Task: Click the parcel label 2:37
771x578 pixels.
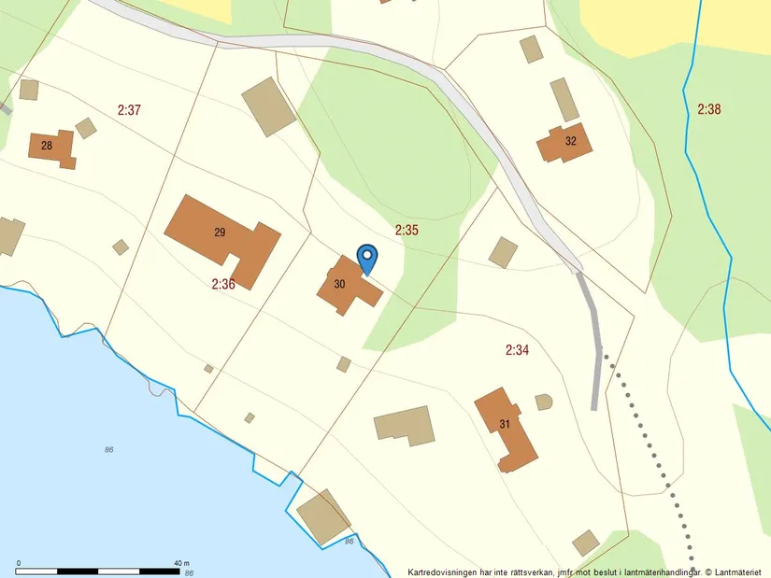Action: click(129, 110)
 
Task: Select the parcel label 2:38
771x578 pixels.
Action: click(709, 109)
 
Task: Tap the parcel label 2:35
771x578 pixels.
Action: click(406, 229)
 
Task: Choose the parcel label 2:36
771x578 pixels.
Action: click(222, 284)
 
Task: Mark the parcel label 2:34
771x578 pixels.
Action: click(517, 350)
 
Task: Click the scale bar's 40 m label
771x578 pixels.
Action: click(181, 563)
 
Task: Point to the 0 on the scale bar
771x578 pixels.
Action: click(19, 563)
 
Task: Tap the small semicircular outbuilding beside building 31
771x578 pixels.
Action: click(544, 402)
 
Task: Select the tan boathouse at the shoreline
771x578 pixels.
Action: click(323, 516)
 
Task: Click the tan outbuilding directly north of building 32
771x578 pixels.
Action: click(564, 99)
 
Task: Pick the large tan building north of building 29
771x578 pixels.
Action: click(269, 106)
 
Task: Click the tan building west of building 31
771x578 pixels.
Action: click(405, 425)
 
